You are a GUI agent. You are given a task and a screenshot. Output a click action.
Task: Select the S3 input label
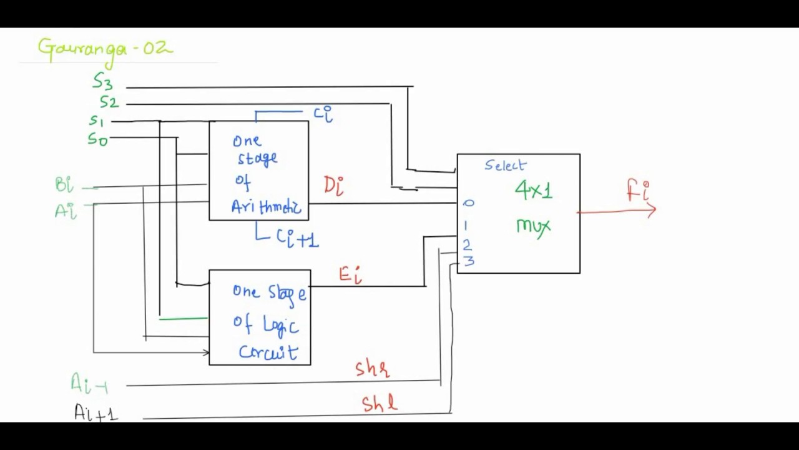pyautogui.click(x=103, y=81)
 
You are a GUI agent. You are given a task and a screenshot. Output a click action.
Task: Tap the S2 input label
pyautogui.click(x=109, y=102)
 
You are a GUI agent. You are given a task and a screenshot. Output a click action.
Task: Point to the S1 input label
pyautogui.click(x=96, y=120)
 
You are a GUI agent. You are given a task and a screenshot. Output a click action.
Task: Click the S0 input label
pyautogui.click(x=97, y=139)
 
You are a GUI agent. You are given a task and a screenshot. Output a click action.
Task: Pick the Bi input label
pyautogui.click(x=64, y=185)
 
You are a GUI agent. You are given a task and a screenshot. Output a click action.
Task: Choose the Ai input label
pyautogui.click(x=66, y=211)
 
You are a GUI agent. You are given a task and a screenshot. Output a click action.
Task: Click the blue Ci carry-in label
pyautogui.click(x=323, y=114)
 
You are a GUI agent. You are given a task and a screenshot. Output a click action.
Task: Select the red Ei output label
pyautogui.click(x=350, y=274)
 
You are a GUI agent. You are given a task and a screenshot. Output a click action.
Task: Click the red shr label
pyautogui.click(x=373, y=369)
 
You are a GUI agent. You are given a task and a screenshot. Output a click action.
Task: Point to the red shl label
pyautogui.click(x=379, y=403)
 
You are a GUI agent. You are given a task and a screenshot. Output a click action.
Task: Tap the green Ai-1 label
pyautogui.click(x=89, y=384)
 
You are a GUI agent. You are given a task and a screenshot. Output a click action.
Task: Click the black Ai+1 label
pyautogui.click(x=96, y=412)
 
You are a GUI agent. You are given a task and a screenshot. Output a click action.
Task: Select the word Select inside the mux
pyautogui.click(x=506, y=166)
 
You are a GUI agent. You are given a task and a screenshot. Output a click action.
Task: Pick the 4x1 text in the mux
pyautogui.click(x=534, y=190)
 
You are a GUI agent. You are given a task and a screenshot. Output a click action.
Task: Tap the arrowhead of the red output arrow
pyautogui.click(x=652, y=211)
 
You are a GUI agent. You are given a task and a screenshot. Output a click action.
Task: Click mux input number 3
pyautogui.click(x=469, y=261)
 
